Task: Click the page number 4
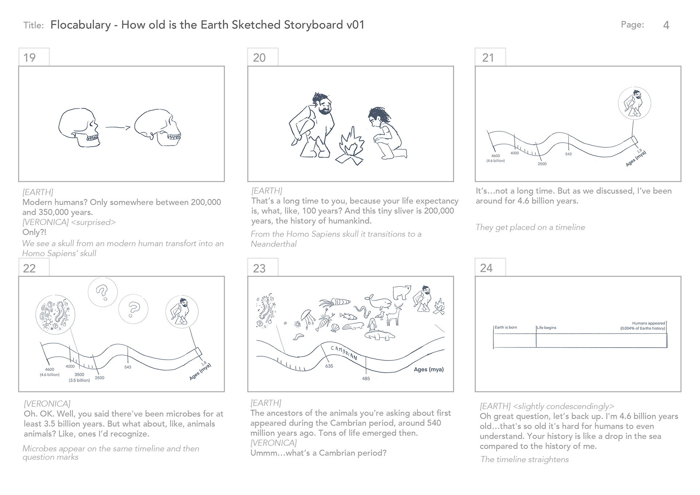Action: point(666,25)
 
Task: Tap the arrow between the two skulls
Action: point(117,127)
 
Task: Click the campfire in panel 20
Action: point(350,146)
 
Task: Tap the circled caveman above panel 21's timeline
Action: point(634,103)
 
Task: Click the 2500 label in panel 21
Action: point(542,164)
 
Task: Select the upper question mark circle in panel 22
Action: point(102,292)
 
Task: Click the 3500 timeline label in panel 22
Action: point(79,375)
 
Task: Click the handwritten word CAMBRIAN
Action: point(344,352)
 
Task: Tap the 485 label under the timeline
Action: point(366,379)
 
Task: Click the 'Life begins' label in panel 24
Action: point(547,328)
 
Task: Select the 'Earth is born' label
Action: point(506,327)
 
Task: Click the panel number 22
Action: point(30,268)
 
